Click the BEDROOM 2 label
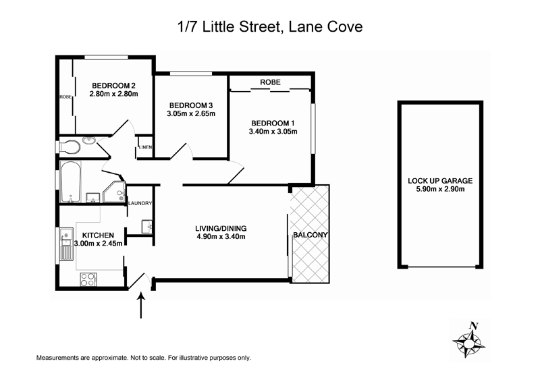click(x=115, y=85)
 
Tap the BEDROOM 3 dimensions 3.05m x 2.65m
click(x=192, y=113)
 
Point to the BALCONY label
click(x=310, y=235)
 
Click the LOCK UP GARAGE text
click(x=440, y=181)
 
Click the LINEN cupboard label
click(x=145, y=147)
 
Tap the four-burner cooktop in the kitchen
click(x=88, y=277)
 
